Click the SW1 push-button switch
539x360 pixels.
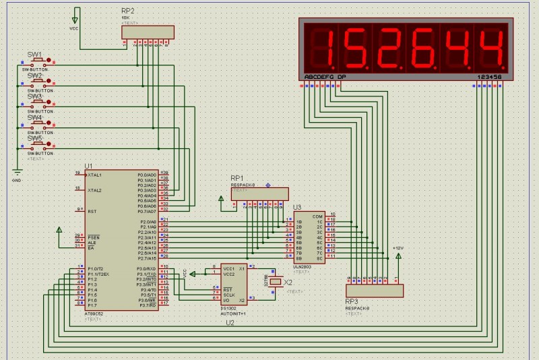(x=35, y=64)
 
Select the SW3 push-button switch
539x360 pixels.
(x=35, y=106)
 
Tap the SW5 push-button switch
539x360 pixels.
(x=35, y=148)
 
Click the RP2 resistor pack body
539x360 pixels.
(x=148, y=32)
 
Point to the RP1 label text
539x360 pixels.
(x=236, y=178)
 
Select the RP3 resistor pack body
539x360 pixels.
(x=374, y=291)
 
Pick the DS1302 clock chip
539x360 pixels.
(x=234, y=284)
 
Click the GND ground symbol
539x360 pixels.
(x=18, y=174)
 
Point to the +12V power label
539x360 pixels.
(x=398, y=249)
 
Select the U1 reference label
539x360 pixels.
(x=88, y=166)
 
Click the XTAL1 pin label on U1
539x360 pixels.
(x=95, y=175)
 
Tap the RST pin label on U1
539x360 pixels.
(x=92, y=211)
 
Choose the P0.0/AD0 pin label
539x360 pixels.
(x=147, y=175)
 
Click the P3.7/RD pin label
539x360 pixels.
(x=148, y=305)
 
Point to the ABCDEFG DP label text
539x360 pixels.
(x=325, y=77)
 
